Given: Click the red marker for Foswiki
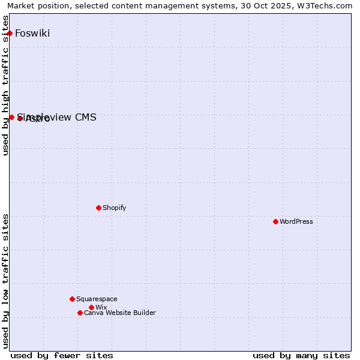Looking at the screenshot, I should click(10, 33).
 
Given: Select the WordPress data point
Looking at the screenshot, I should click(275, 221).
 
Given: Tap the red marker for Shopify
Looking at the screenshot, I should click(98, 208).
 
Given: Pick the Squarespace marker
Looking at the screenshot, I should click(72, 299).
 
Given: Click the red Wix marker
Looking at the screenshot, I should click(91, 307).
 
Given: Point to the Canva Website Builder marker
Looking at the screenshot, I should click(80, 313).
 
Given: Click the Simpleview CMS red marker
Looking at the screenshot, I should click(11, 117).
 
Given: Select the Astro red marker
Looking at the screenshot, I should click(20, 118).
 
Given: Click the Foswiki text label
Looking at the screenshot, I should click(32, 33).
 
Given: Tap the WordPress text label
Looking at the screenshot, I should click(296, 221).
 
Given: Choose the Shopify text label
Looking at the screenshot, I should click(115, 208).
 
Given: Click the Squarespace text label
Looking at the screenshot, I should click(97, 299).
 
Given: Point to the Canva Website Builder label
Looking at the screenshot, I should click(120, 313).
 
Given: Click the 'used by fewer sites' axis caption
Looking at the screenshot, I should click(62, 355).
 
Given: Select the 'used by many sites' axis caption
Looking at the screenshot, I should click(301, 355).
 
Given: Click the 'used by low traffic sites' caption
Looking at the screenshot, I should click(6, 281).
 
